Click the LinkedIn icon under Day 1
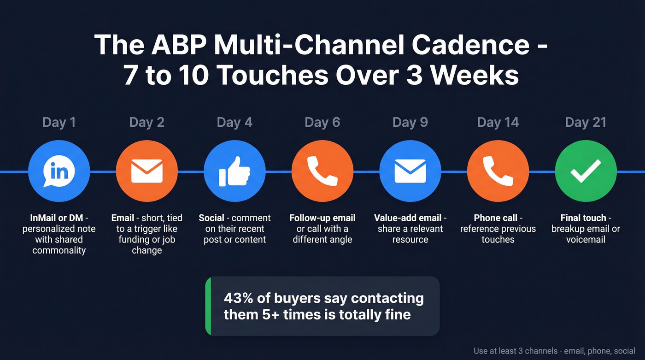coord(59,171)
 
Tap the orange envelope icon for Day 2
coord(147,171)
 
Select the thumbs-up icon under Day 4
coord(235,171)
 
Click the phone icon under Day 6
coord(322,171)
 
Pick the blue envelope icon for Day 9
coord(410,171)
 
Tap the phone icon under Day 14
coord(498,171)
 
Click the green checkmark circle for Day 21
coord(586,171)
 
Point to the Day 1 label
coord(59,122)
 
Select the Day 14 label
coord(498,122)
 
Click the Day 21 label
coord(586,122)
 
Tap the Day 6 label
coord(322,122)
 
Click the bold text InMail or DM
coord(53,218)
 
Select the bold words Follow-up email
coord(322,218)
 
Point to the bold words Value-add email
coord(408,218)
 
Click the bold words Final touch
coord(583,218)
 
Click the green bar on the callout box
coord(208,306)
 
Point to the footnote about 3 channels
coord(554,351)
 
